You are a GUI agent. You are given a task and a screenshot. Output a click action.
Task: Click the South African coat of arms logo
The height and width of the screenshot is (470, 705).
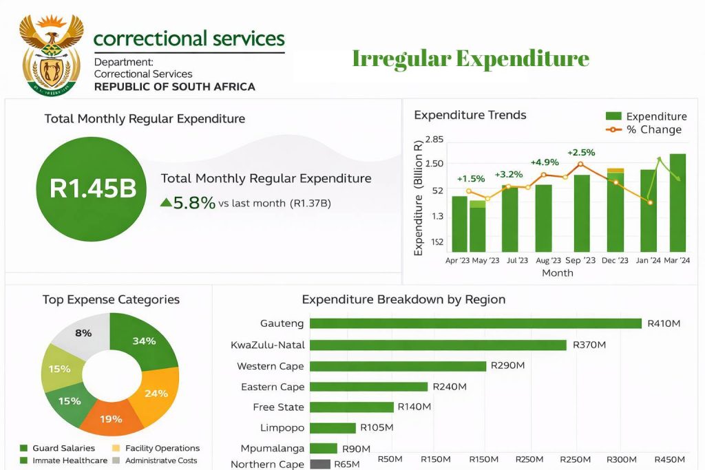click(x=52, y=54)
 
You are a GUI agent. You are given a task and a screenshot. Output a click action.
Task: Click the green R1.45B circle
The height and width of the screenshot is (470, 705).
click(x=91, y=190)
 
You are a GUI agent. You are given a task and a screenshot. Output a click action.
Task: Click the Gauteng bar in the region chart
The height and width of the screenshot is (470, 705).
click(x=475, y=323)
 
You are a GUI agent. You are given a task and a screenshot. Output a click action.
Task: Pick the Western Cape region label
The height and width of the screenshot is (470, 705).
click(x=270, y=366)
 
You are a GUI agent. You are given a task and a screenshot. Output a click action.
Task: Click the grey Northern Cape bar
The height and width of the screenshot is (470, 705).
click(x=319, y=464)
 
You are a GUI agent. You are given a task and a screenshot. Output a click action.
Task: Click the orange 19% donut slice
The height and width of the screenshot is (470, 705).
click(x=110, y=417)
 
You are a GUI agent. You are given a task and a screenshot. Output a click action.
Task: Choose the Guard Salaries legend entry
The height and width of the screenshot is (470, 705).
click(x=58, y=448)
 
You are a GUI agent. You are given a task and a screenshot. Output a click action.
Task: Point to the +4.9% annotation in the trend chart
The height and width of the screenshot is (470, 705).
click(x=544, y=162)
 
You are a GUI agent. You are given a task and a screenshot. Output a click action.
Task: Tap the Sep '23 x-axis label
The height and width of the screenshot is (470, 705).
click(x=580, y=261)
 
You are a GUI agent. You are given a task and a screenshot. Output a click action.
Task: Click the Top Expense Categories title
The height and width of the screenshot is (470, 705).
click(x=111, y=299)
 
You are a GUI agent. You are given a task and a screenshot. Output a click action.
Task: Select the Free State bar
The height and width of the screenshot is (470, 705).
click(x=351, y=407)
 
